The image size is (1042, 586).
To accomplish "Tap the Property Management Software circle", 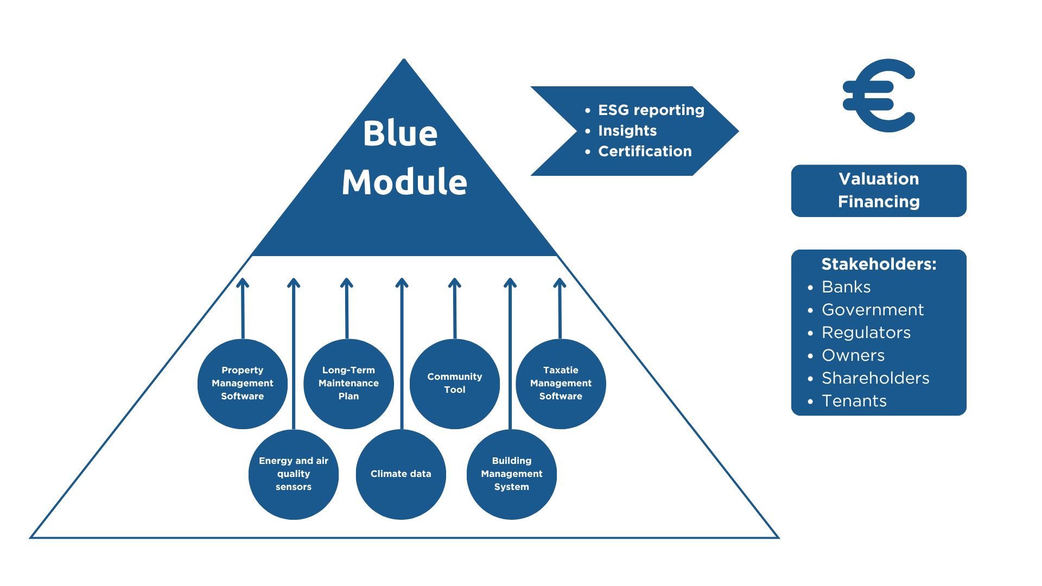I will [x=243, y=384].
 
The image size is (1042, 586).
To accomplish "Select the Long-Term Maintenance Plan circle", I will [x=348, y=384].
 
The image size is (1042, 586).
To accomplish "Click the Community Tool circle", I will [x=455, y=384].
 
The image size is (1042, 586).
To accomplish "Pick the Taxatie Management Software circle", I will [x=561, y=384].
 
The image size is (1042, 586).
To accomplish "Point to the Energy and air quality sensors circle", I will [x=294, y=474].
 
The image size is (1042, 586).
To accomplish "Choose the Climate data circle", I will [x=401, y=474].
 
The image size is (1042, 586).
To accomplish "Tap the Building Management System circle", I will [x=512, y=474].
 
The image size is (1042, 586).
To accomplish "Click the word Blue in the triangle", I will [x=400, y=133].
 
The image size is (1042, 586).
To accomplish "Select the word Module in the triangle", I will [x=404, y=182].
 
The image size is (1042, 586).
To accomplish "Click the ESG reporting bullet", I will [x=651, y=110].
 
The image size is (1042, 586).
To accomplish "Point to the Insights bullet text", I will [x=627, y=131].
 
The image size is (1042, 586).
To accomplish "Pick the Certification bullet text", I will [x=645, y=151].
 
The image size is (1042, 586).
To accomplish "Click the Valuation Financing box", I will [x=879, y=190].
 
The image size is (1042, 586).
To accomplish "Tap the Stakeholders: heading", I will [x=879, y=264].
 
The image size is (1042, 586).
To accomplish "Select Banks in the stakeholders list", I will [x=846, y=287].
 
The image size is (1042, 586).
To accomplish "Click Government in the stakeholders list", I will [x=873, y=310].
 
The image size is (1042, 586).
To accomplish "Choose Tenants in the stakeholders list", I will [x=854, y=401].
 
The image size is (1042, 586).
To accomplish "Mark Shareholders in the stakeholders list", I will [x=875, y=378].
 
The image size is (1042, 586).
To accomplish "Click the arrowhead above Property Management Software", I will [x=243, y=283].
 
